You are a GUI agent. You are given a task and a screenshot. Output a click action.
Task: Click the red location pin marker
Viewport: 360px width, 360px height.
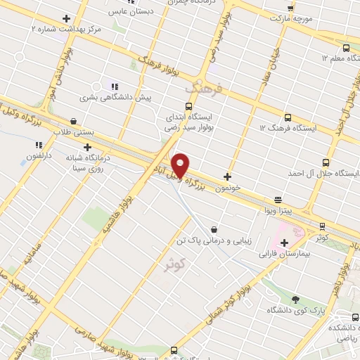pyautogui.click(x=181, y=165)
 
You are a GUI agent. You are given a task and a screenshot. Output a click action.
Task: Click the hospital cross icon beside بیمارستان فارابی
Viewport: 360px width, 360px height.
pyautogui.click(x=284, y=243)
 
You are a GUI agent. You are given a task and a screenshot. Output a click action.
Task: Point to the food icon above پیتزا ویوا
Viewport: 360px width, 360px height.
pyautogui.click(x=278, y=199)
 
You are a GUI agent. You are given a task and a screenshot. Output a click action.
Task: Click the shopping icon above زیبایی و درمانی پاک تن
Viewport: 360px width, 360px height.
pyautogui.click(x=213, y=229)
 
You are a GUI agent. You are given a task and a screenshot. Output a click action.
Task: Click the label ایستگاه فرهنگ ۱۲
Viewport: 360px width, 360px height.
pyautogui.click(x=288, y=129)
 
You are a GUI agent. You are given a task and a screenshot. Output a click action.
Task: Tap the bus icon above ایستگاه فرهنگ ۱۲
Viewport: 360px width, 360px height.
pyautogui.click(x=288, y=117)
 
